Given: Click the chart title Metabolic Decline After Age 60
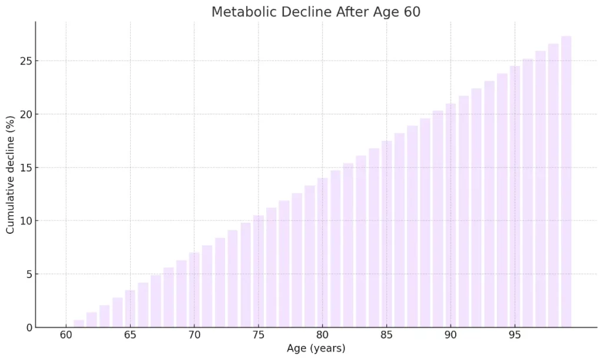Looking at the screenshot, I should click(316, 12).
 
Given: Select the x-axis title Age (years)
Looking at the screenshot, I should click(316, 348).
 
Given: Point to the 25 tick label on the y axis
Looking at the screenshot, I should click(25, 61).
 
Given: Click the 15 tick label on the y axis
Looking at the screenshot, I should click(25, 168).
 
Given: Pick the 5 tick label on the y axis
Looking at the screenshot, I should click(28, 274).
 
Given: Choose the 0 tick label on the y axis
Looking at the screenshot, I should click(28, 328).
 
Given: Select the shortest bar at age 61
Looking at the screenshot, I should click(79, 323).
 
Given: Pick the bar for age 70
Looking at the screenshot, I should click(194, 290).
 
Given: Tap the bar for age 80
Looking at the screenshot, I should click(322, 252).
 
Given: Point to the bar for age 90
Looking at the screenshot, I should click(450, 215).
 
